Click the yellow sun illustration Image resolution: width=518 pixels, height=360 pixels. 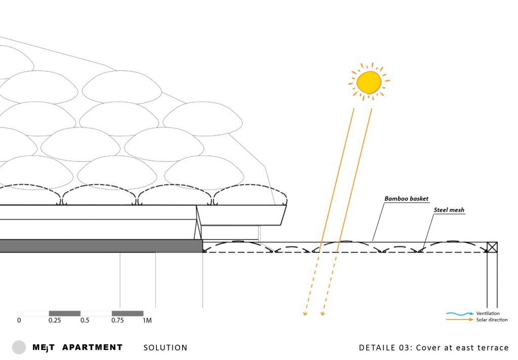tap(369, 82)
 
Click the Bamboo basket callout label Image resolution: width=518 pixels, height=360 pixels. tap(406, 198)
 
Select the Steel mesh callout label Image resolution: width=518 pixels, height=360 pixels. tap(449, 210)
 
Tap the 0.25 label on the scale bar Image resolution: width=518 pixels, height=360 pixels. tap(55, 320)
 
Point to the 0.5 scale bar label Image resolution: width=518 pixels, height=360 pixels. tap(85, 320)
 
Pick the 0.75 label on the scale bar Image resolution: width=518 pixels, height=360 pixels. tap(117, 320)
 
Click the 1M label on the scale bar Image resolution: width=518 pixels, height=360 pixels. tap(147, 320)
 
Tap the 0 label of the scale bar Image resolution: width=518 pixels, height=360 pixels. tap(19, 320)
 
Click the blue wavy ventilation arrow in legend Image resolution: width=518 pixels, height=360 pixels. tap(459, 313)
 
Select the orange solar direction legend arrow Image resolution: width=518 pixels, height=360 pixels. tap(459, 319)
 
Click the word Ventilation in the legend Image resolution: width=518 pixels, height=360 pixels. tap(488, 313)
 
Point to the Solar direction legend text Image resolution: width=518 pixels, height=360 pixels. tap(492, 319)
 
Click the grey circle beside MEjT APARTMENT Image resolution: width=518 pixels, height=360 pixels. tap(19, 347)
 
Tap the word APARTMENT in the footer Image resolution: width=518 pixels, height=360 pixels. tap(93, 347)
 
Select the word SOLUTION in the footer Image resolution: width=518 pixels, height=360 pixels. tap(165, 348)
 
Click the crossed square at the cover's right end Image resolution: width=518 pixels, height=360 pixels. tap(492, 247)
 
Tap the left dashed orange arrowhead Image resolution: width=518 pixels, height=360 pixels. tap(305, 313)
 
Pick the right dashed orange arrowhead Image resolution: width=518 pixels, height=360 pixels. tap(323, 313)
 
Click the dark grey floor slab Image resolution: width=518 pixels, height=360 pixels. tap(101, 246)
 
